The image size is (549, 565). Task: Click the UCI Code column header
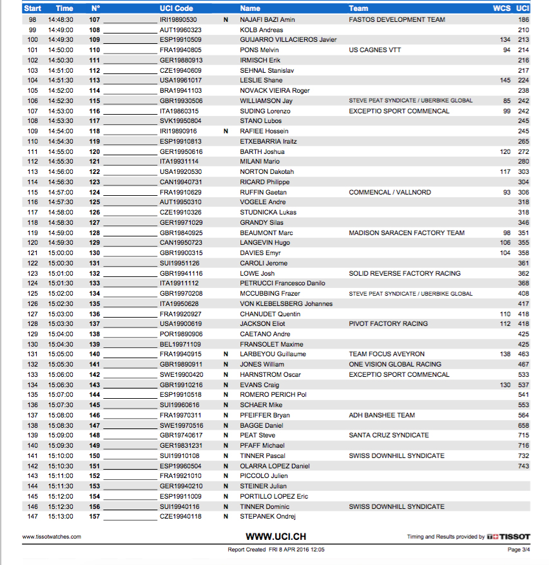coord(176,9)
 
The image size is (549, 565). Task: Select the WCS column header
coord(501,9)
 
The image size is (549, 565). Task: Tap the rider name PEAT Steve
coord(257,436)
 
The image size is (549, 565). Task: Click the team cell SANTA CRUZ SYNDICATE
coord(389,436)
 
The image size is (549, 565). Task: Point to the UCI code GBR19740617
coord(180,436)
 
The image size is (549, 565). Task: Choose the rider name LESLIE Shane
coord(261,81)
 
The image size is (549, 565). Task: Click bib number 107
coord(95,20)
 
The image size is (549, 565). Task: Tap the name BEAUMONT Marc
coord(266,233)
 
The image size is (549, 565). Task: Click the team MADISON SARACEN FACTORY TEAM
coord(406,233)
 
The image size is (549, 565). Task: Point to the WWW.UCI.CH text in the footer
coord(276,536)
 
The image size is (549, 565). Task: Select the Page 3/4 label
coord(519,550)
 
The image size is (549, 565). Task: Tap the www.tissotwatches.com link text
coord(52,537)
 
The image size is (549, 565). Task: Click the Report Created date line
coord(275,550)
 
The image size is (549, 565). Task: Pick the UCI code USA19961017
coord(180,81)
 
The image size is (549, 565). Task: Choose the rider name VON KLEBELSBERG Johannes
coord(286,303)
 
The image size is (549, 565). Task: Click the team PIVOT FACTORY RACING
coord(388,324)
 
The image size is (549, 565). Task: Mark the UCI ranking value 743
coord(523,466)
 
